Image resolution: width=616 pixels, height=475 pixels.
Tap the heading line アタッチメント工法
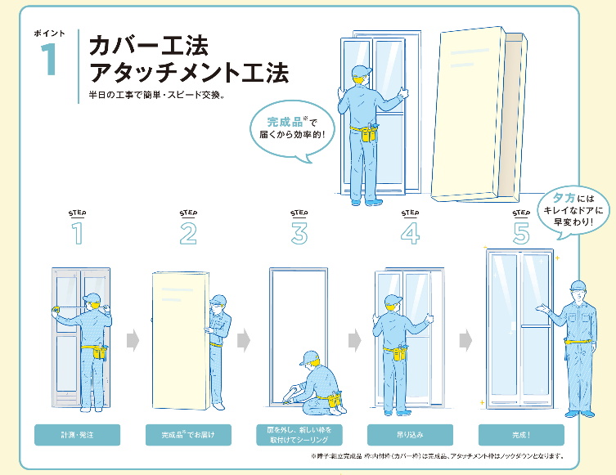pyautogui.click(x=188, y=74)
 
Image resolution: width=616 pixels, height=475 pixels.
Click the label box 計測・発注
pyautogui.click(x=78, y=434)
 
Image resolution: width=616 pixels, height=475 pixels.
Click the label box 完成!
pyautogui.click(x=521, y=434)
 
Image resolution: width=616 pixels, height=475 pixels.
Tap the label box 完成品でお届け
pyautogui.click(x=188, y=434)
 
